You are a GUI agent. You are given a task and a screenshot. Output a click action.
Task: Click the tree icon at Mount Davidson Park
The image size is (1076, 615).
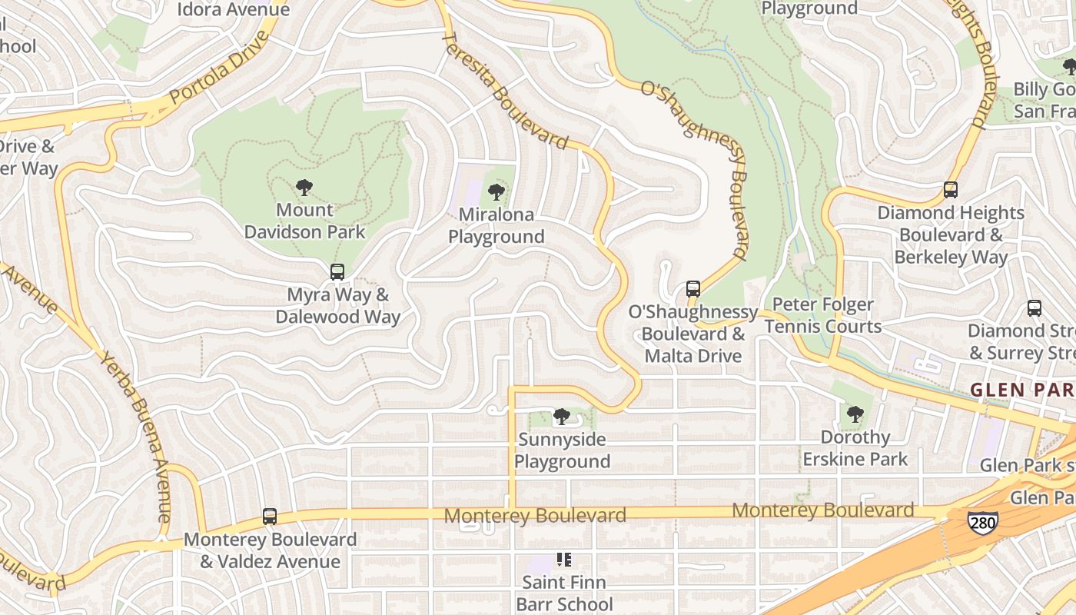(x=304, y=187)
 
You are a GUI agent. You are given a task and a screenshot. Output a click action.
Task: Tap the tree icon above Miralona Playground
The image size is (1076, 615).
(x=496, y=191)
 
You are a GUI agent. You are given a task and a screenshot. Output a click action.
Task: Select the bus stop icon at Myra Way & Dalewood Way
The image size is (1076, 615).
(x=337, y=271)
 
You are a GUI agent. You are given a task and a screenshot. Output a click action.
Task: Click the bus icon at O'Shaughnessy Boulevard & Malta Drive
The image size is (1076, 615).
(x=693, y=289)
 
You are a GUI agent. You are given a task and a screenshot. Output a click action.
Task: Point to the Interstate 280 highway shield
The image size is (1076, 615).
(x=982, y=522)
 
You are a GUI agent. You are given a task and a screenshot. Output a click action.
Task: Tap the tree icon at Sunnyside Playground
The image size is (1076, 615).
(x=562, y=417)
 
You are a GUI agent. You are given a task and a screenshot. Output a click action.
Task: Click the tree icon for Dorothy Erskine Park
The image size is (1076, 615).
(x=855, y=415)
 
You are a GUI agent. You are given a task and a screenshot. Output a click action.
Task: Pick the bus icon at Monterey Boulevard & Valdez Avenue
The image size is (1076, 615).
(x=270, y=517)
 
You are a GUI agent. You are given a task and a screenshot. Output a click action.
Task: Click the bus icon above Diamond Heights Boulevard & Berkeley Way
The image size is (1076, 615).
(x=951, y=190)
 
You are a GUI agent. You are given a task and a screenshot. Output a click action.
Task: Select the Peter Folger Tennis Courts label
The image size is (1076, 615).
(x=823, y=316)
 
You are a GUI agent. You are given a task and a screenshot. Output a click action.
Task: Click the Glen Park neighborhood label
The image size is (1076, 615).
(x=1022, y=390)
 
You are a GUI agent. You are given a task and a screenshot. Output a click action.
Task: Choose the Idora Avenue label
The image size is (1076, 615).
(x=233, y=9)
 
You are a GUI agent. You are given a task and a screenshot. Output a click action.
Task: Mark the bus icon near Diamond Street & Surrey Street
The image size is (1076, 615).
(x=1034, y=308)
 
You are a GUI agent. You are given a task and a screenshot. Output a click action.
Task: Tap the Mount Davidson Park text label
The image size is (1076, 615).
(x=305, y=221)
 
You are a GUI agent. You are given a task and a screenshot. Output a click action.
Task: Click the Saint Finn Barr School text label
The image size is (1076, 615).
(x=564, y=593)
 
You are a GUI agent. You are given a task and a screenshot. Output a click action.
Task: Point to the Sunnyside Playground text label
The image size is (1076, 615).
(x=562, y=450)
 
